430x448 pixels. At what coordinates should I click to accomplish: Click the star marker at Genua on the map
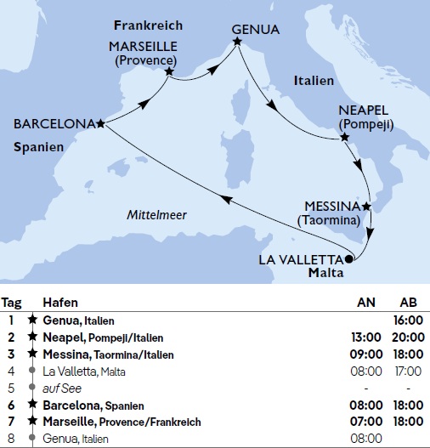(x=236, y=40)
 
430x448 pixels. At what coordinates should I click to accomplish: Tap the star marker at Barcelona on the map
(x=101, y=124)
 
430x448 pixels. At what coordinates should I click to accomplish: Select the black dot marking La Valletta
(x=350, y=259)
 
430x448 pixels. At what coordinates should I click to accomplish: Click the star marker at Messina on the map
(x=366, y=207)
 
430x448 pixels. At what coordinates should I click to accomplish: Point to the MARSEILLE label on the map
(x=143, y=46)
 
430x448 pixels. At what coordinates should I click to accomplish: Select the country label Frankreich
(x=148, y=26)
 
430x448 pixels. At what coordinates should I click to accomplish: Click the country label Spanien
(x=39, y=147)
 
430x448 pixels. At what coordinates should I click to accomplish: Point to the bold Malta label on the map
(x=325, y=274)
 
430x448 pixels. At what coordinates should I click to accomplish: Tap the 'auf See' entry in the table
(x=59, y=388)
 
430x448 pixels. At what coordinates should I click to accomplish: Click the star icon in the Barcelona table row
(x=32, y=405)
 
